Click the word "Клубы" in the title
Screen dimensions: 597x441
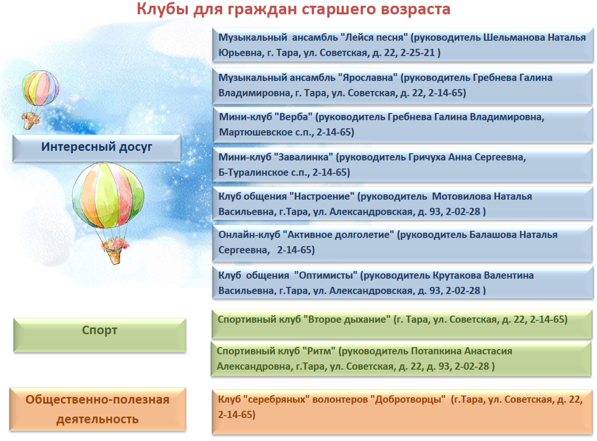coord(162,9)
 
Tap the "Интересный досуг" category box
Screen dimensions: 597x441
coord(97,148)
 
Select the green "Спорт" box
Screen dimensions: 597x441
coord(100,335)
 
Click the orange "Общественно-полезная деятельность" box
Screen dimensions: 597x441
coord(98,409)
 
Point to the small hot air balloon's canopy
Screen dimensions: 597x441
coord(40,88)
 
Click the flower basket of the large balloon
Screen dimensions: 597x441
coord(115,250)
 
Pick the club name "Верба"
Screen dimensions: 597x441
coord(295,117)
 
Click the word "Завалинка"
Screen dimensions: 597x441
coord(305,157)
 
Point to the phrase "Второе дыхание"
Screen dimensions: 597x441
coord(349,319)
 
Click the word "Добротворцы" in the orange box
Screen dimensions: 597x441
coord(410,399)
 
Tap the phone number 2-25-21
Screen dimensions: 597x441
coord(417,53)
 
